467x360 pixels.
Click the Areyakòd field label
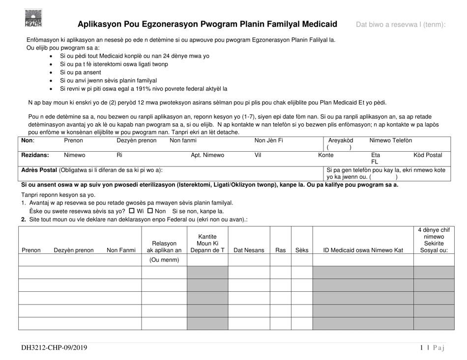click(x=340, y=140)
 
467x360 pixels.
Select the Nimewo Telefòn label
click(x=390, y=140)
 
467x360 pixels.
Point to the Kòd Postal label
click(x=427, y=155)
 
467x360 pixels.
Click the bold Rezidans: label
click(x=35, y=155)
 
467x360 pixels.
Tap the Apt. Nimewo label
click(x=207, y=155)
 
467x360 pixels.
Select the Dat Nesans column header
click(x=249, y=250)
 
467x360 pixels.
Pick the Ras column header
click(x=280, y=250)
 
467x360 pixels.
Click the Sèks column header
click(x=301, y=250)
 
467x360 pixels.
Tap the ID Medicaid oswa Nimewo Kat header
click(x=363, y=250)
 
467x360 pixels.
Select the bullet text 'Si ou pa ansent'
click(x=81, y=72)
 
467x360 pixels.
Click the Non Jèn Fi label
click(x=268, y=140)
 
